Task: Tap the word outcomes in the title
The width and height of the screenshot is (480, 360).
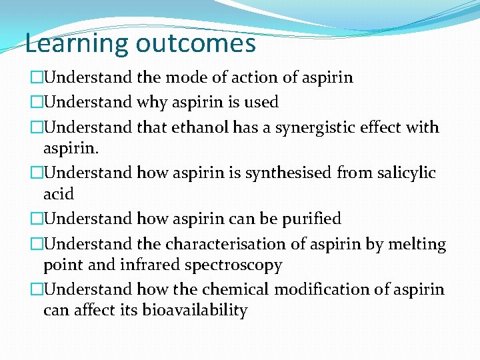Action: [195, 44]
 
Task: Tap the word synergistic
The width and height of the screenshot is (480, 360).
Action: [314, 127]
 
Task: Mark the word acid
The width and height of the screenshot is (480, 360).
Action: [58, 194]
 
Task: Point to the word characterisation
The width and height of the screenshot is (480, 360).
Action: [225, 244]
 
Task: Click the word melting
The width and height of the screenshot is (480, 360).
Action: [417, 245]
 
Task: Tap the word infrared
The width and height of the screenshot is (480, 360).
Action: [151, 265]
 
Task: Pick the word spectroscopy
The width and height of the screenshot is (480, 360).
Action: [233, 265]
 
